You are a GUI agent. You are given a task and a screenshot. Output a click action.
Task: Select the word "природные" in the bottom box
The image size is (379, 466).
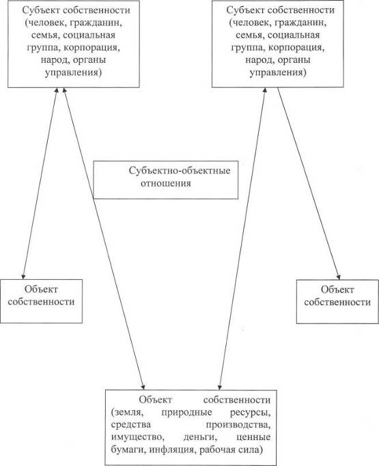tap(187, 413)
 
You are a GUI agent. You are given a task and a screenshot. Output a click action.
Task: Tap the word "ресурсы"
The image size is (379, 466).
tap(250, 413)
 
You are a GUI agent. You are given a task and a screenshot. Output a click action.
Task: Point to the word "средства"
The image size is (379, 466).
tap(131, 424)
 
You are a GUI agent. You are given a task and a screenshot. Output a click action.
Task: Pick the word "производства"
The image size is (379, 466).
tap(238, 425)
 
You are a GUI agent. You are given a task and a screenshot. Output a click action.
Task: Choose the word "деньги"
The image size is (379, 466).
tap(199, 437)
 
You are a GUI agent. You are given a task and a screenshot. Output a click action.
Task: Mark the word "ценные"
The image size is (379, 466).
tap(253, 437)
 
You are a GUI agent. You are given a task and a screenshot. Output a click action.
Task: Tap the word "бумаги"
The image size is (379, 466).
tap(128, 450)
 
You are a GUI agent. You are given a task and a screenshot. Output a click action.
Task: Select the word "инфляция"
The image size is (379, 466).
tap(171, 450)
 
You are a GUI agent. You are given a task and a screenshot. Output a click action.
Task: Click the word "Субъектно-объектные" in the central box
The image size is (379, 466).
tap(180, 171)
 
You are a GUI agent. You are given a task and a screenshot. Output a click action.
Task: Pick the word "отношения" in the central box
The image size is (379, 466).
tap(166, 184)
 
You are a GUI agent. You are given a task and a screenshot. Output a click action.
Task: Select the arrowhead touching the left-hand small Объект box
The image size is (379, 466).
tap(23, 276)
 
